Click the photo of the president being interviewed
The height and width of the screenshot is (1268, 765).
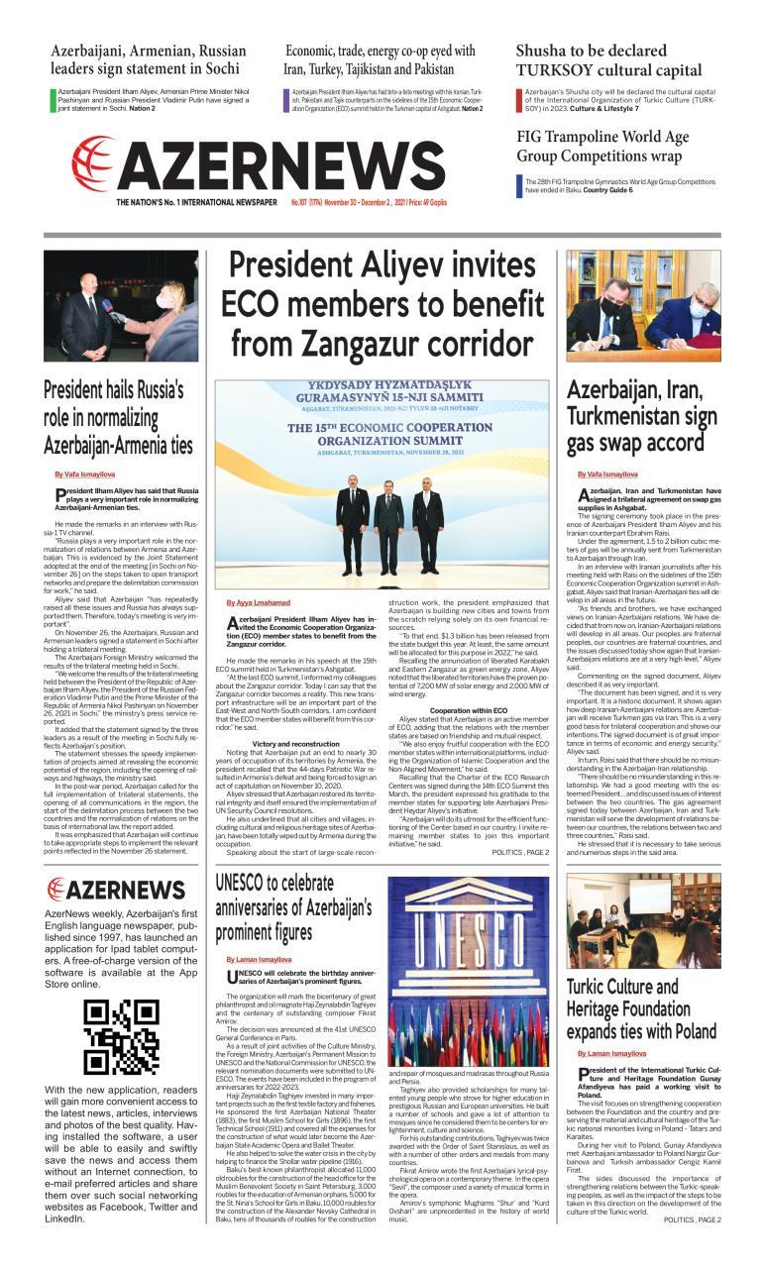coord(121,307)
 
